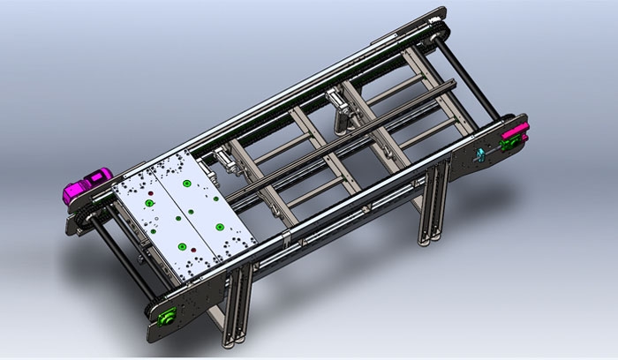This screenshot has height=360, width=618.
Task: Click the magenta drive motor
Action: point(85,187)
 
